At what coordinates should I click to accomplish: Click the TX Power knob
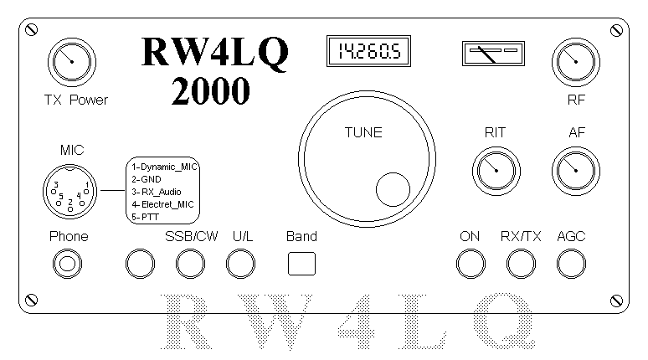point(72,62)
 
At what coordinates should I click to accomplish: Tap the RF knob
point(576,62)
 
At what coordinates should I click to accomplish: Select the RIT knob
point(496,171)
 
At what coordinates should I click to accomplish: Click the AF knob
point(576,171)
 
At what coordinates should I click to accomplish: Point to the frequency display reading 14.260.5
point(368,51)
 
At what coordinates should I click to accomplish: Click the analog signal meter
point(493,54)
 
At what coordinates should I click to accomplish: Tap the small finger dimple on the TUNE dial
point(393,189)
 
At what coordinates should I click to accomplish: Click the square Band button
point(301,264)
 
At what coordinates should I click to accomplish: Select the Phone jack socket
point(67,264)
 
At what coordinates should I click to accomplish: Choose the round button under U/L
point(240,264)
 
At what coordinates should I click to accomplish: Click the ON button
point(471,264)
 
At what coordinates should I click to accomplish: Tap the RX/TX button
point(521,264)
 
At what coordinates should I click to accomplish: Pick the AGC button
point(571,264)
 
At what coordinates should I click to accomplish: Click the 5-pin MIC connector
point(69,192)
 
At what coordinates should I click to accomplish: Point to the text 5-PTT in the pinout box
point(145,217)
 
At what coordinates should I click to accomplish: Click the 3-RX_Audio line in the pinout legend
point(157,193)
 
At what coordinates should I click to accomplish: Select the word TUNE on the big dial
point(363,132)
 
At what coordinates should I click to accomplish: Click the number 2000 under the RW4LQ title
point(210,91)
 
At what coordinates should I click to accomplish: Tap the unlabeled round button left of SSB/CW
point(140,264)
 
